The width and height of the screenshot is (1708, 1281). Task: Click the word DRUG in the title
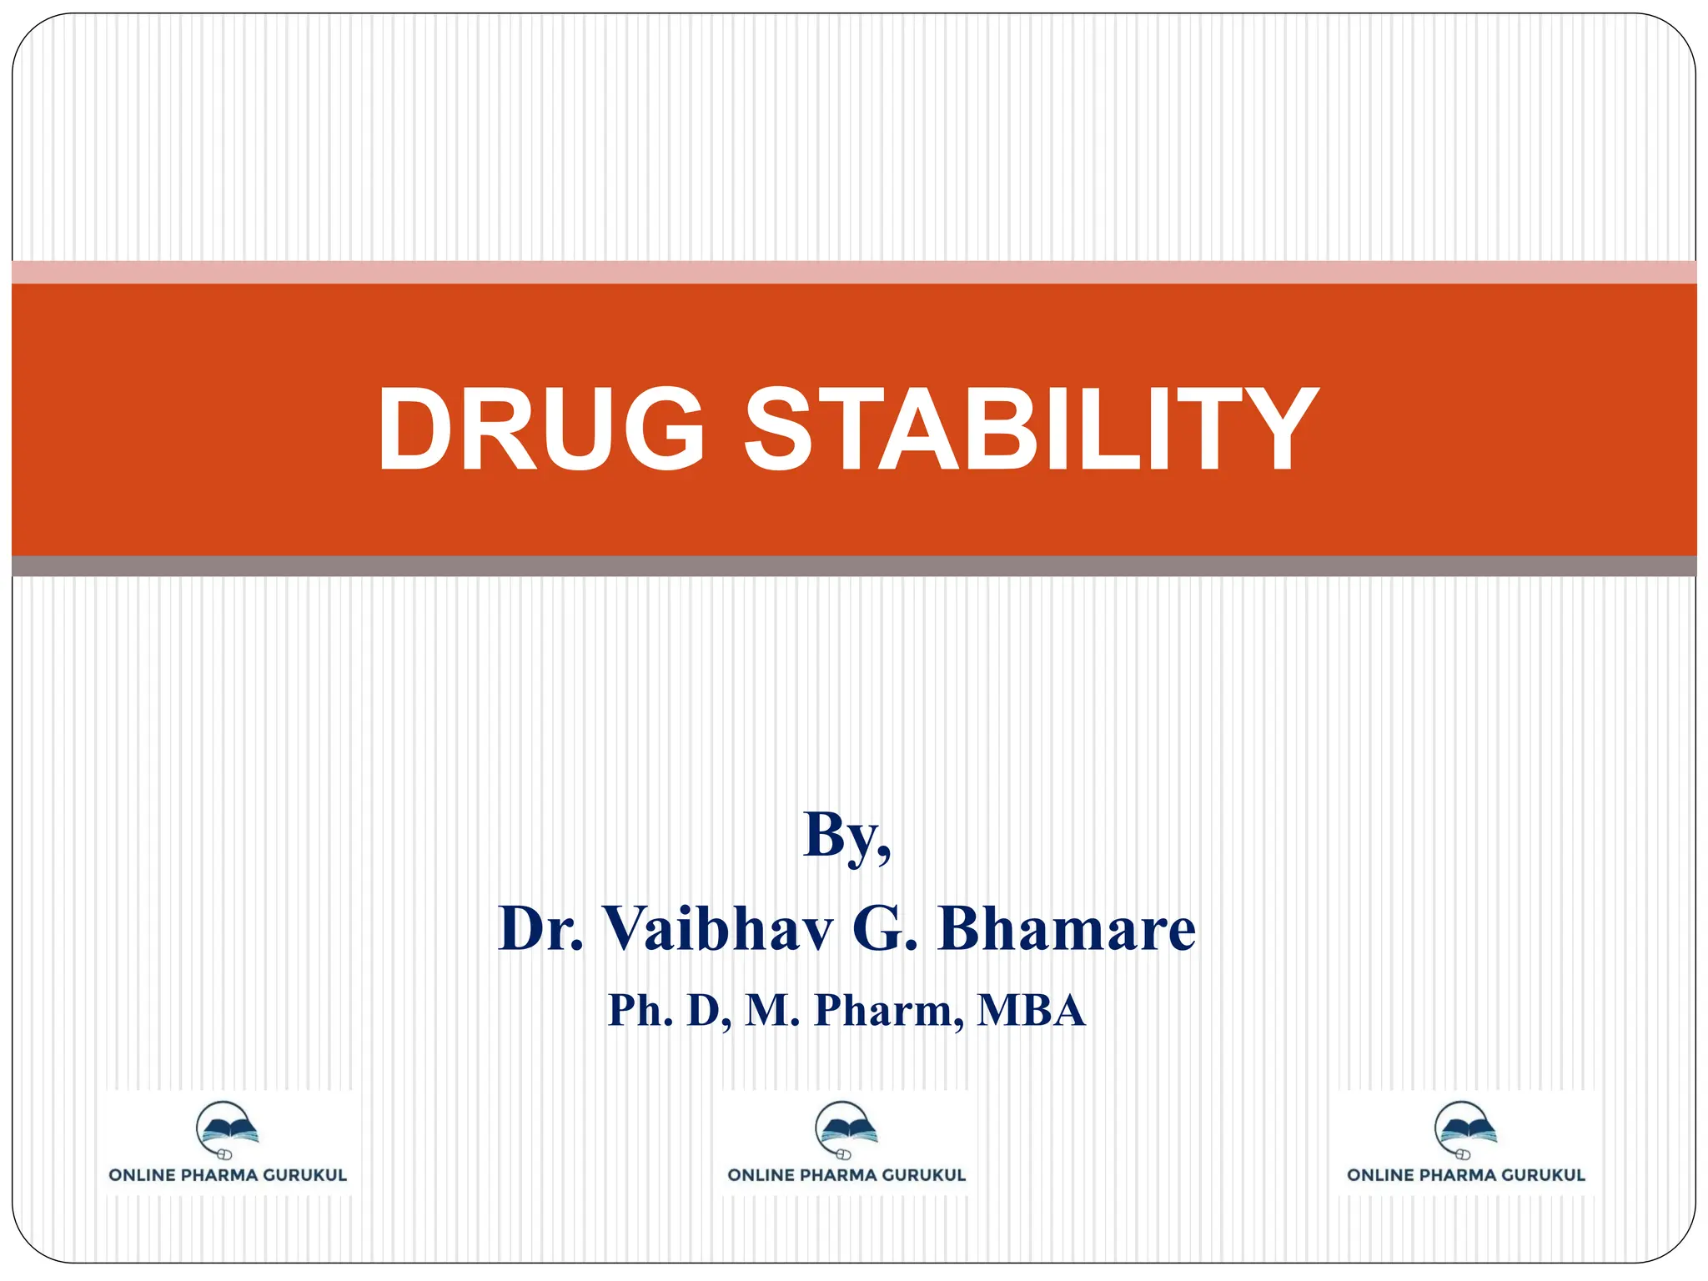540,430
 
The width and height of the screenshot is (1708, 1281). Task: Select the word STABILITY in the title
1030,430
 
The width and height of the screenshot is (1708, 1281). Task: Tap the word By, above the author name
846,835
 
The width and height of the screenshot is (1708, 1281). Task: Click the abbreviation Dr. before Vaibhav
540,928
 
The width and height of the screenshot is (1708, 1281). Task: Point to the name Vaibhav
717,928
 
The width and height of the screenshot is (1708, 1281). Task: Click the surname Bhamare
1067,928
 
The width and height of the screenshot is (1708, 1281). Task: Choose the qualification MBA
1032,1010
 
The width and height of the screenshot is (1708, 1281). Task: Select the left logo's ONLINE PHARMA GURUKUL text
228,1175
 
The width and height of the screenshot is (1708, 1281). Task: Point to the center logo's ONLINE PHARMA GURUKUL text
846,1175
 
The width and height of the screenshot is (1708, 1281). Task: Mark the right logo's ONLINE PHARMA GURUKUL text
1465,1175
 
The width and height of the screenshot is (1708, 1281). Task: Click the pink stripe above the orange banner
854,272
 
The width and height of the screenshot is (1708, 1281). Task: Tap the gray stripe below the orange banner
854,566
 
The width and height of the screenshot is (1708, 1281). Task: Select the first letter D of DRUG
414,430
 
